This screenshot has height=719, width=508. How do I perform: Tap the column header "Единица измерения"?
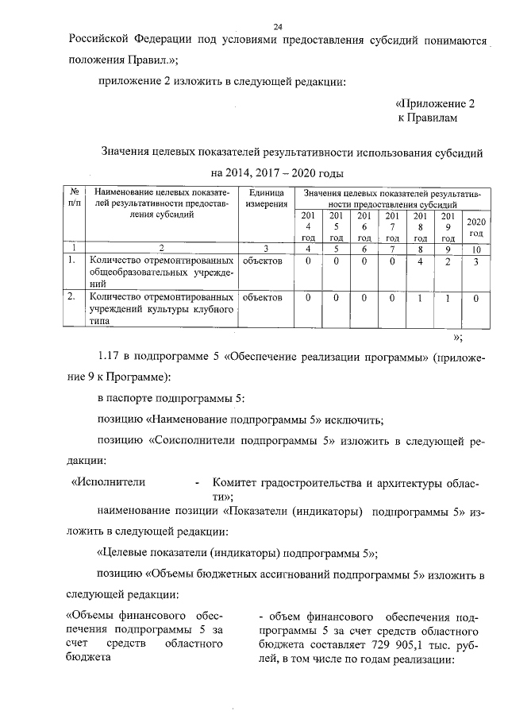[266, 199]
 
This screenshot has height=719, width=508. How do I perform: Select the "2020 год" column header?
[476, 226]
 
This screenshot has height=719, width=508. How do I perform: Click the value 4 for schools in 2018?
[420, 260]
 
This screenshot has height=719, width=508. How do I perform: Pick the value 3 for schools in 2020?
[475, 260]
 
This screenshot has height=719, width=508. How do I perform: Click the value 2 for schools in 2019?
[448, 260]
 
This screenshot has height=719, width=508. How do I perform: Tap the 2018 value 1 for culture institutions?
[420, 298]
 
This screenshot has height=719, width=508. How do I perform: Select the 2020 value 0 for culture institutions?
[475, 298]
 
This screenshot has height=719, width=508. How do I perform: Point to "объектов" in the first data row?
[263, 260]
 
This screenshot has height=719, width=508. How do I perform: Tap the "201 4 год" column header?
[308, 226]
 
